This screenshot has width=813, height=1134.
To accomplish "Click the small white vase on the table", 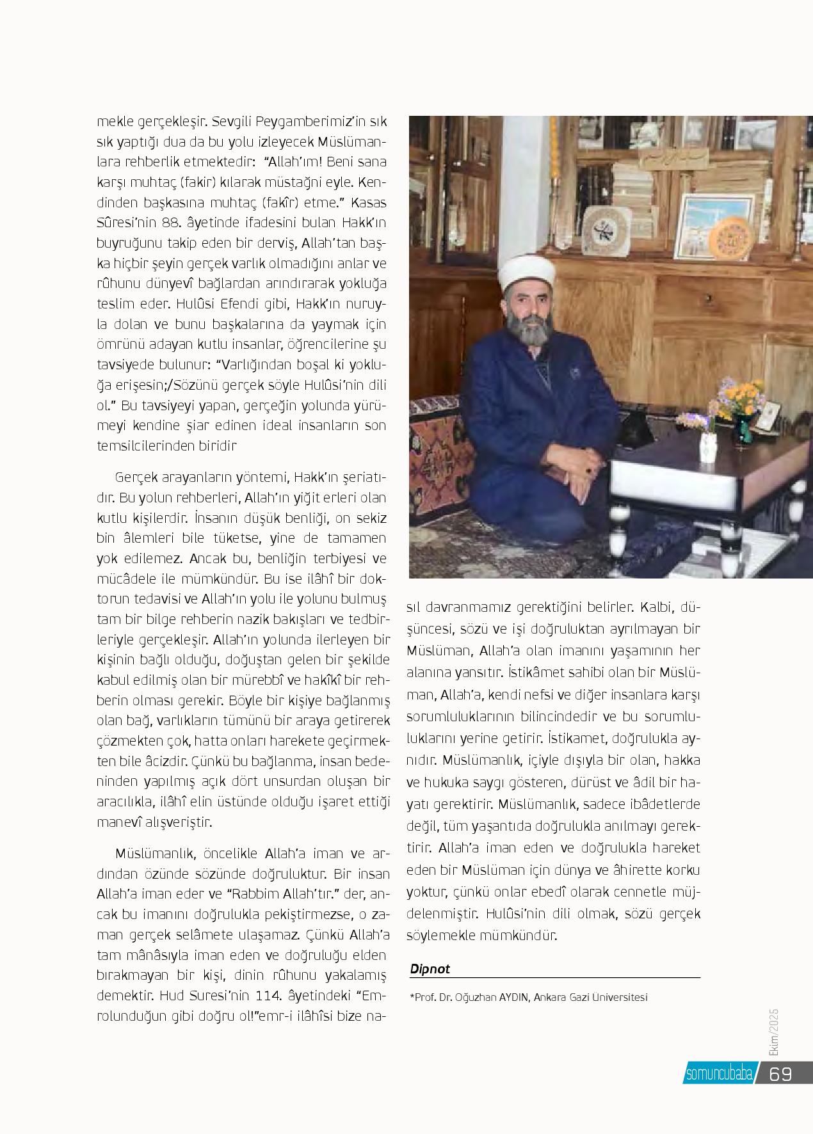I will coord(707,446).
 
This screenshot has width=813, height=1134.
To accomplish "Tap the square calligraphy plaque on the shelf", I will coord(606,231).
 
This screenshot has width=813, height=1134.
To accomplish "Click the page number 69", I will coord(781,1073).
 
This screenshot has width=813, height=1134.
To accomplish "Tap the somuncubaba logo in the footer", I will coord(720,1074).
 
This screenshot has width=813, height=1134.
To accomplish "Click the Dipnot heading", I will coord(430,969).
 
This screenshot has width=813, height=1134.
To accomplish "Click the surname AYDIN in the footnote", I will coord(508,996).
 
